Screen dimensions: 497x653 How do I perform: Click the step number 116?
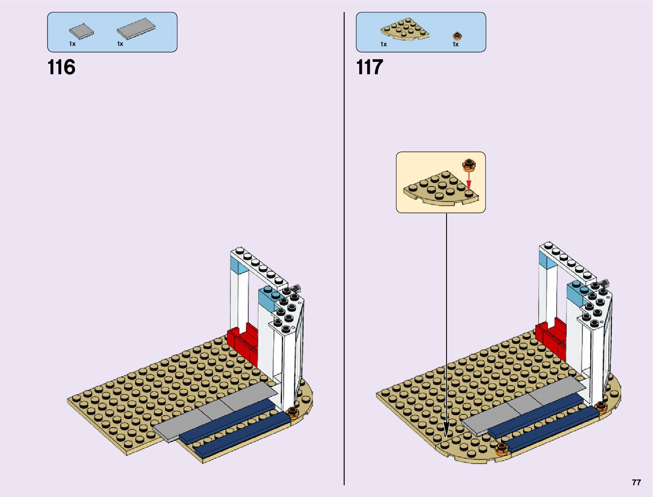pos(61,67)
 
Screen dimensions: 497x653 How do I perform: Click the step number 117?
pos(369,67)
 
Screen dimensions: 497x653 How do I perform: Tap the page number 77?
pos(636,482)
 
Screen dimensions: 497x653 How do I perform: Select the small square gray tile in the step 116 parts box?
pos(81,31)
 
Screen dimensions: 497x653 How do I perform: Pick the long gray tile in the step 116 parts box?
pos(136,29)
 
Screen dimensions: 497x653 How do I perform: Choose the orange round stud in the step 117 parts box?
pos(457,35)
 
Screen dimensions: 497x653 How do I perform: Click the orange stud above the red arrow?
pos(469,165)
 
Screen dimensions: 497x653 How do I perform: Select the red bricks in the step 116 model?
pos(243,342)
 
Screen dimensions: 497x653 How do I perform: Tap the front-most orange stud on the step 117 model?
pos(501,449)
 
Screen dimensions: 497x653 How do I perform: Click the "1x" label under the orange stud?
pos(456,44)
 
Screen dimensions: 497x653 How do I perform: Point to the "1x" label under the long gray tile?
pos(120,44)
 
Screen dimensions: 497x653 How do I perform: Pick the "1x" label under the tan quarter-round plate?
pos(383,44)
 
